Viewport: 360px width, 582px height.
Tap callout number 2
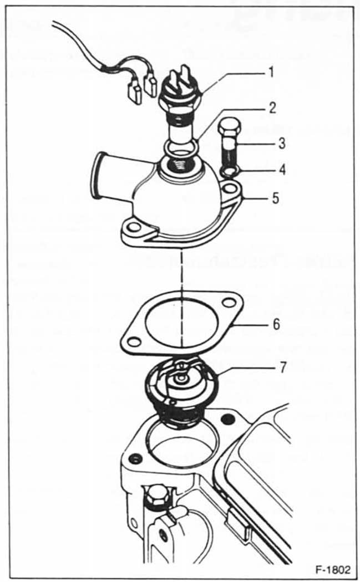[271, 108]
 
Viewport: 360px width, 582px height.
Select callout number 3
[282, 143]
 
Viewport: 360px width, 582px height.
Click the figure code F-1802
[332, 570]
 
